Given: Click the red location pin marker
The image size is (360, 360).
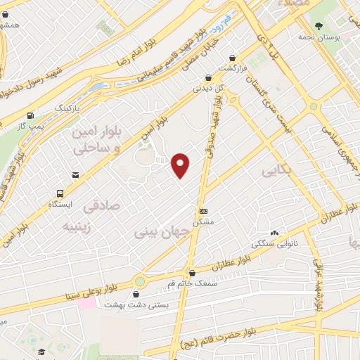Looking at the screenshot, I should [181, 165].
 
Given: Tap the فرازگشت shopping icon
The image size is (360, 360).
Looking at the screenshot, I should [233, 59].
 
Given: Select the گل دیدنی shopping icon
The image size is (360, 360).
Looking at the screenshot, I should [208, 79].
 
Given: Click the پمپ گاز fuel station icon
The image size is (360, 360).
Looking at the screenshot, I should [30, 116].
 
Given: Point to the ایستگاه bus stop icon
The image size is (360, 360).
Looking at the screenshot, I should [60, 193].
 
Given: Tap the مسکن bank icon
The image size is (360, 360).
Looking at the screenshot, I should [203, 210].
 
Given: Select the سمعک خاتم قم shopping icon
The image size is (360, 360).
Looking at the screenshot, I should [192, 274].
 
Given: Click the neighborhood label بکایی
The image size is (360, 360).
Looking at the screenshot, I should [275, 170].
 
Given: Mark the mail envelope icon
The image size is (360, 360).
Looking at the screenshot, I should [75, 174].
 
